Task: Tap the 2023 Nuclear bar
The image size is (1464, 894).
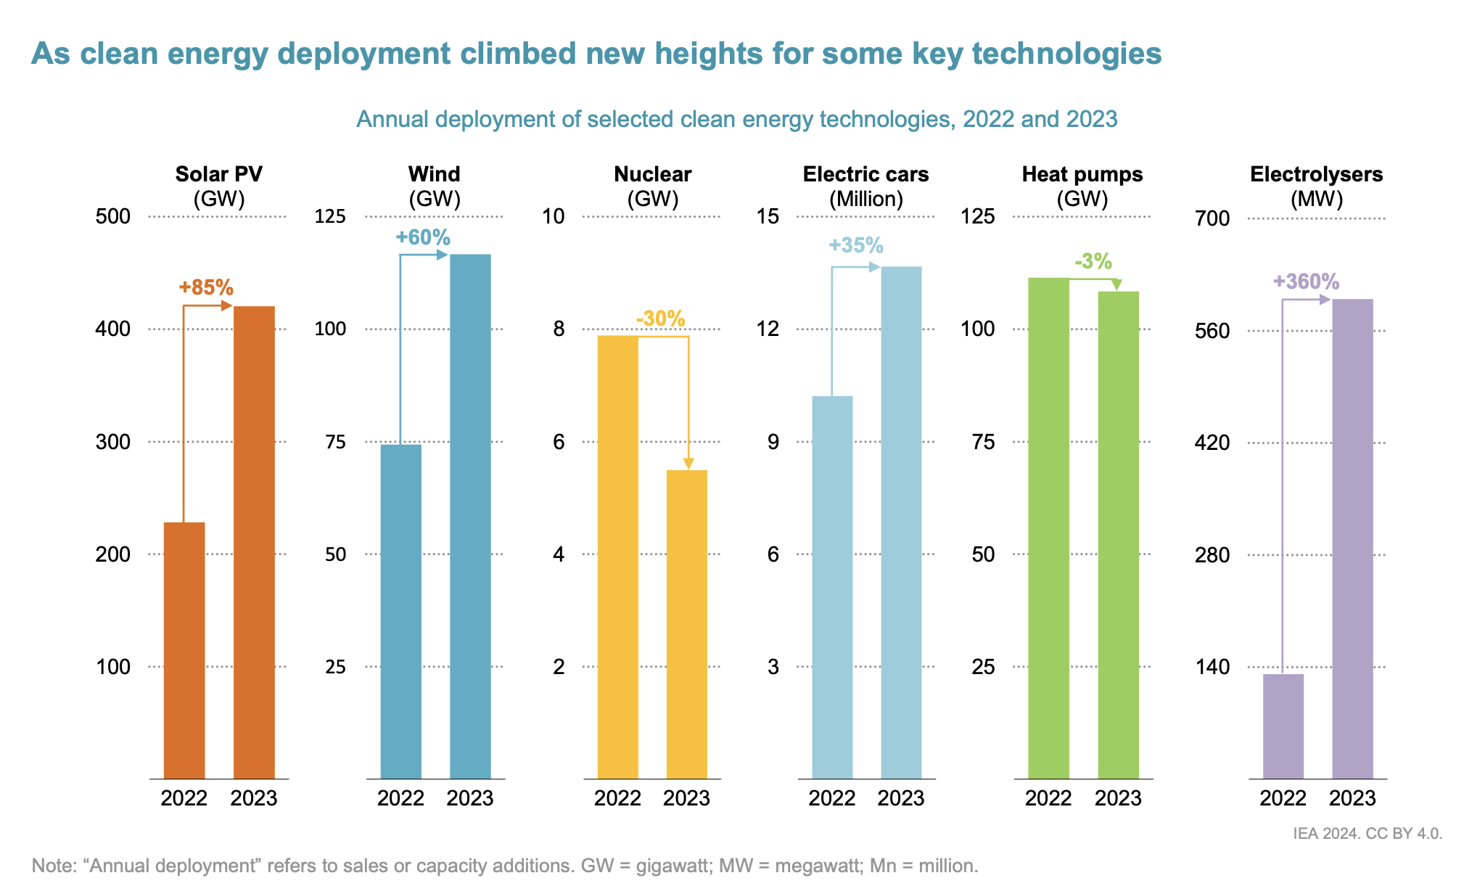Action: tap(687, 624)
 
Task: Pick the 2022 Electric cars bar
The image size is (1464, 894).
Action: tap(832, 587)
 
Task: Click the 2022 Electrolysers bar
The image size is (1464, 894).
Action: tap(1283, 726)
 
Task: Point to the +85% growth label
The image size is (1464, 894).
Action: tap(206, 287)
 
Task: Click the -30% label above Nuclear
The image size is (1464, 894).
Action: tap(660, 319)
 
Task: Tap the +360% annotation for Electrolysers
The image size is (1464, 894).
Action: tap(1306, 282)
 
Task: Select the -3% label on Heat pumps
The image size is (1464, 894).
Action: tap(1093, 261)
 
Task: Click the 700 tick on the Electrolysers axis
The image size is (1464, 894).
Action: tap(1212, 218)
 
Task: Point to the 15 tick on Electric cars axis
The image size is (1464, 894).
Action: tap(768, 216)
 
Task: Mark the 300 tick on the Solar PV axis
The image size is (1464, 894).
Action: tap(113, 442)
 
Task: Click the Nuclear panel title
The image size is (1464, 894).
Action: tap(652, 174)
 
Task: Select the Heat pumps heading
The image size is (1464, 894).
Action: tap(1082, 174)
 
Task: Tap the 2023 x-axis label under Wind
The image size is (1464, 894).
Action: tap(469, 798)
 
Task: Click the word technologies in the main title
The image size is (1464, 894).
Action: tap(1066, 54)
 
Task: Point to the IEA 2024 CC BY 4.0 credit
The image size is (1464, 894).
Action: tap(1368, 834)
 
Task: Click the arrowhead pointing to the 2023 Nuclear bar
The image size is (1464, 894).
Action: tap(688, 464)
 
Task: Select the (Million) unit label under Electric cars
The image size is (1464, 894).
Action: tap(865, 199)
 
